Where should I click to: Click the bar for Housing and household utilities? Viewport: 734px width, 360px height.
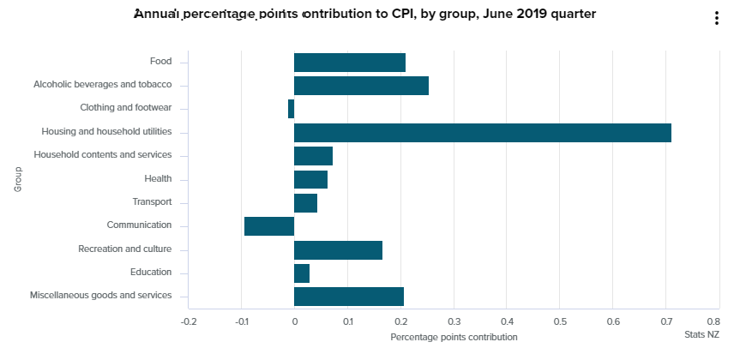click(x=482, y=132)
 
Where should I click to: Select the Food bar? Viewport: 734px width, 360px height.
click(x=349, y=62)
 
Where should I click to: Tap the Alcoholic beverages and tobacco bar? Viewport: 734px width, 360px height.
click(x=361, y=85)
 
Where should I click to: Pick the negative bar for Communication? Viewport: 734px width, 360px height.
click(x=269, y=225)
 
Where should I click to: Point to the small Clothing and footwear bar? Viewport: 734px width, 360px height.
click(x=292, y=109)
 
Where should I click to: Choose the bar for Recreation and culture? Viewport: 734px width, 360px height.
click(x=338, y=249)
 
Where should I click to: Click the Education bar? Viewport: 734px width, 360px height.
click(x=302, y=273)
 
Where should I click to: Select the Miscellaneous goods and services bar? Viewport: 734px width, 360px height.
click(x=348, y=297)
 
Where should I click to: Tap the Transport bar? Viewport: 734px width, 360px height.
click(x=305, y=202)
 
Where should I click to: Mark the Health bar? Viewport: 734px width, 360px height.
click(x=310, y=179)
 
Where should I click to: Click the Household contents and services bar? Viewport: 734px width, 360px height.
click(x=313, y=155)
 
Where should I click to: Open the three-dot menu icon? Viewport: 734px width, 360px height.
click(x=717, y=19)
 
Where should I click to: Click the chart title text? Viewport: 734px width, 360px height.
click(x=364, y=14)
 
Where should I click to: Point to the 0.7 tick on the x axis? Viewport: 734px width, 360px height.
click(x=665, y=321)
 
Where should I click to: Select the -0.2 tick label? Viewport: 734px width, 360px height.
click(x=189, y=321)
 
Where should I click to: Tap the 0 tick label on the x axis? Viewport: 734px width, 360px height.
click(x=294, y=321)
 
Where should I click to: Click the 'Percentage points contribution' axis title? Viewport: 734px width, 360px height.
click(x=454, y=337)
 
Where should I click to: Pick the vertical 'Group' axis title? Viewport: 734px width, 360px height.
click(x=17, y=178)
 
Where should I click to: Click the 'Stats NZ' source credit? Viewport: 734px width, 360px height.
click(x=701, y=335)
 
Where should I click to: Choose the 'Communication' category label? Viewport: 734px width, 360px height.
click(x=139, y=225)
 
